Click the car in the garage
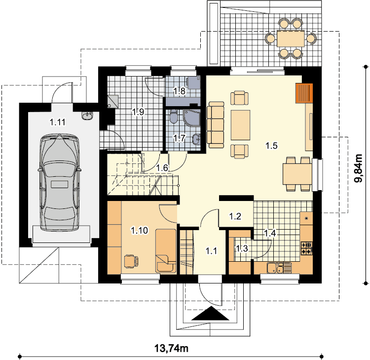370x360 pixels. point(59,182)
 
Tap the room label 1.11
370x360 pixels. point(57,122)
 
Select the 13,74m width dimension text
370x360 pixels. point(171,348)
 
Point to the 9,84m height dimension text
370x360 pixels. point(358,168)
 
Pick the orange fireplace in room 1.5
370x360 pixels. point(304,93)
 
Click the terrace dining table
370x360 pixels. point(291,39)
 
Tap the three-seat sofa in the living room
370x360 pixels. point(215,125)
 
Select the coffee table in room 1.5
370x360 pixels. point(240,125)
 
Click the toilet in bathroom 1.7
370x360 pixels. point(174,116)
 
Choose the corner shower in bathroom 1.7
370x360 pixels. point(191,118)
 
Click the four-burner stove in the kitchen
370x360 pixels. point(306,248)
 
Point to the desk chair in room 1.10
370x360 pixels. point(131,261)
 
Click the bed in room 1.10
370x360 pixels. point(166,251)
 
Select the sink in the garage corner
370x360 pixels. point(87,116)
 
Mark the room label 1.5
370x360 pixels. point(271,146)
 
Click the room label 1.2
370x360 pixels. point(235,216)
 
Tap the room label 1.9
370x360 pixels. point(138,112)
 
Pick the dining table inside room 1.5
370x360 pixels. point(297,174)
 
